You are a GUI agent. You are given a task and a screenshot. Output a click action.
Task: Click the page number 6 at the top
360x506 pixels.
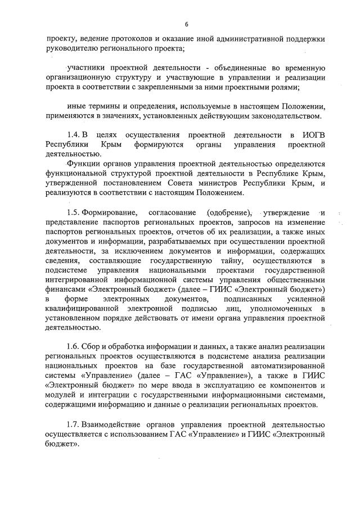(x=185, y=24)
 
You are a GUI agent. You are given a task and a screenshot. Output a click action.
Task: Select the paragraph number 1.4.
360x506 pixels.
(x=73, y=135)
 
